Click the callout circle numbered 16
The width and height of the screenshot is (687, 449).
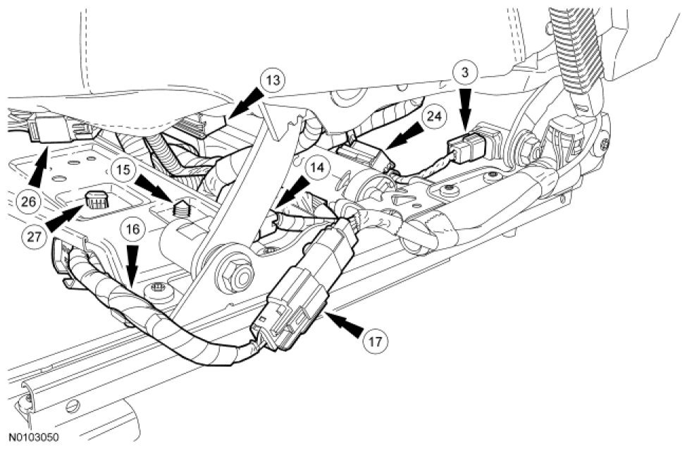point(133,229)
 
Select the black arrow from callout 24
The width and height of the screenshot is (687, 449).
point(401,137)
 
